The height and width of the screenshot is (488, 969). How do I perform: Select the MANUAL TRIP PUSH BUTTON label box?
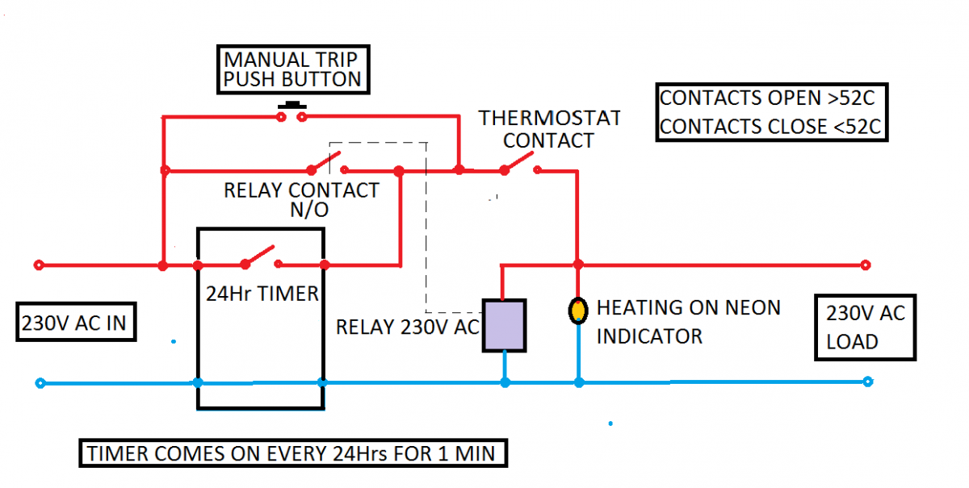[292, 69]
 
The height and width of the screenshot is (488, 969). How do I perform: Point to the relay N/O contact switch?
[327, 165]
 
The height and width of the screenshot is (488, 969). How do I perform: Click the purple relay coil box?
[504, 325]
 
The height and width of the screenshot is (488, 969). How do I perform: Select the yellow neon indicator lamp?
[578, 311]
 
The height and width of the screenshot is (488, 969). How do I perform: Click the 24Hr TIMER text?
[261, 294]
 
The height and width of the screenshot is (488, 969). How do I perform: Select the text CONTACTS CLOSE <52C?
[770, 127]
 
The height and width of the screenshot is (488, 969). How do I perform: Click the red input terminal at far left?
[39, 265]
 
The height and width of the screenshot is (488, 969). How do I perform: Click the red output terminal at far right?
[866, 265]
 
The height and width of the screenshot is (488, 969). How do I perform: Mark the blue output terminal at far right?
[867, 382]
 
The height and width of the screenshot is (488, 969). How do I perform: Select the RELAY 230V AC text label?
[408, 327]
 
